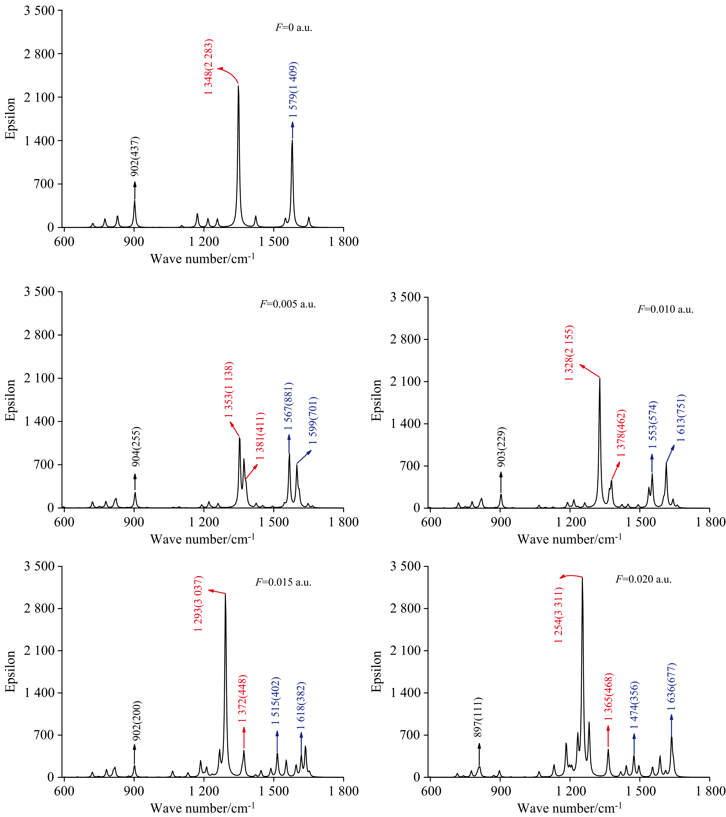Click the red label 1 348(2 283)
(209, 67)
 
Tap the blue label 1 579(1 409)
(294, 90)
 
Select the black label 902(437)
(136, 156)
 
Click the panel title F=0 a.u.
(294, 28)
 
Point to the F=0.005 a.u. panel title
(288, 304)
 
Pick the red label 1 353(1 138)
(229, 390)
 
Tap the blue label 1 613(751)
(681, 418)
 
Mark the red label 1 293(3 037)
(199, 604)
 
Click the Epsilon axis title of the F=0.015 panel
(10, 672)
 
